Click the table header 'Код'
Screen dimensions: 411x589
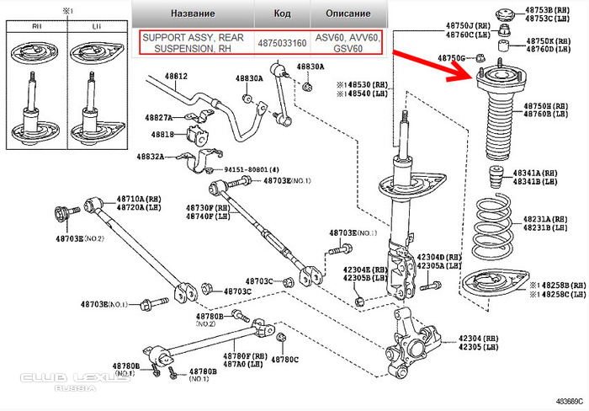[283, 13]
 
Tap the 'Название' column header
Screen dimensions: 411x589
[193, 13]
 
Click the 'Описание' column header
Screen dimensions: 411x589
[347, 13]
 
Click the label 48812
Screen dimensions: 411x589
[175, 77]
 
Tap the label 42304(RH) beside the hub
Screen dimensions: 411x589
[479, 337]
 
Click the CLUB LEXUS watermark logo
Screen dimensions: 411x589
[76, 382]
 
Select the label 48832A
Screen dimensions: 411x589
[157, 157]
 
